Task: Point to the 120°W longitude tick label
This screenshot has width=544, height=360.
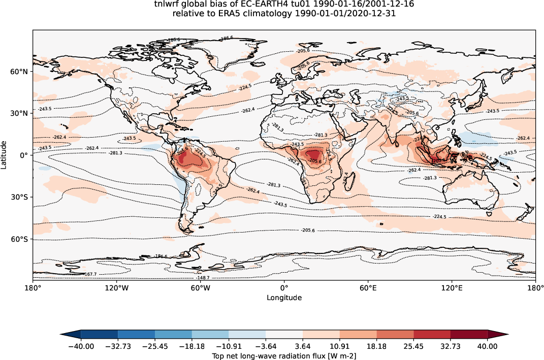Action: coord(116,288)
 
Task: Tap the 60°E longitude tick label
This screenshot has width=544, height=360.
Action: coord(368,288)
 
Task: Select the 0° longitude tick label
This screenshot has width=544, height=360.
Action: coord(284,288)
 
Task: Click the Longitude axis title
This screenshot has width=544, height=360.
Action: coord(284,298)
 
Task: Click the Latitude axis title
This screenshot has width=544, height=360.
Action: coord(4,155)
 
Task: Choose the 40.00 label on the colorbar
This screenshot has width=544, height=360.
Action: coord(488,346)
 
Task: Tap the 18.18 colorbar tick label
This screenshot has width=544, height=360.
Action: coord(377,346)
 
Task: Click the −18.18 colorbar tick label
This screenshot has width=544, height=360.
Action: coord(191,346)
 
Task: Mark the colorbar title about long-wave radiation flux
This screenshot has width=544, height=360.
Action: coord(284,356)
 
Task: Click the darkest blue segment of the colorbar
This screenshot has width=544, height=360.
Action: coord(99,334)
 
